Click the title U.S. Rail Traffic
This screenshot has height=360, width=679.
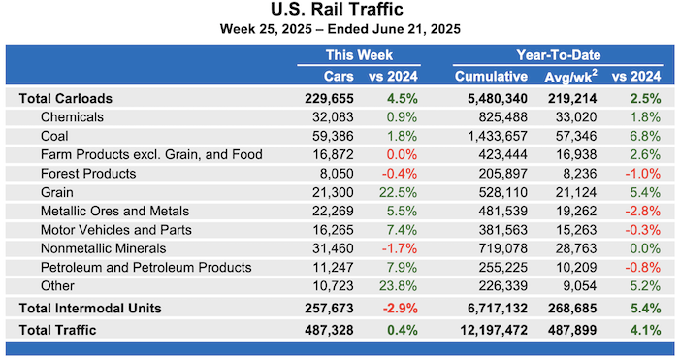pos(339,12)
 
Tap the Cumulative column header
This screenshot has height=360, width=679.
pos(490,77)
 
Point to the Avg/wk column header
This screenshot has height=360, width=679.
pos(575,77)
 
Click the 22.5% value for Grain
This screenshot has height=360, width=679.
pos(377,192)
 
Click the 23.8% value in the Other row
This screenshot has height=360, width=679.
pos(377,285)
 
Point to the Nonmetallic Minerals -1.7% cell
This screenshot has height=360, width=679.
pos(379,248)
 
